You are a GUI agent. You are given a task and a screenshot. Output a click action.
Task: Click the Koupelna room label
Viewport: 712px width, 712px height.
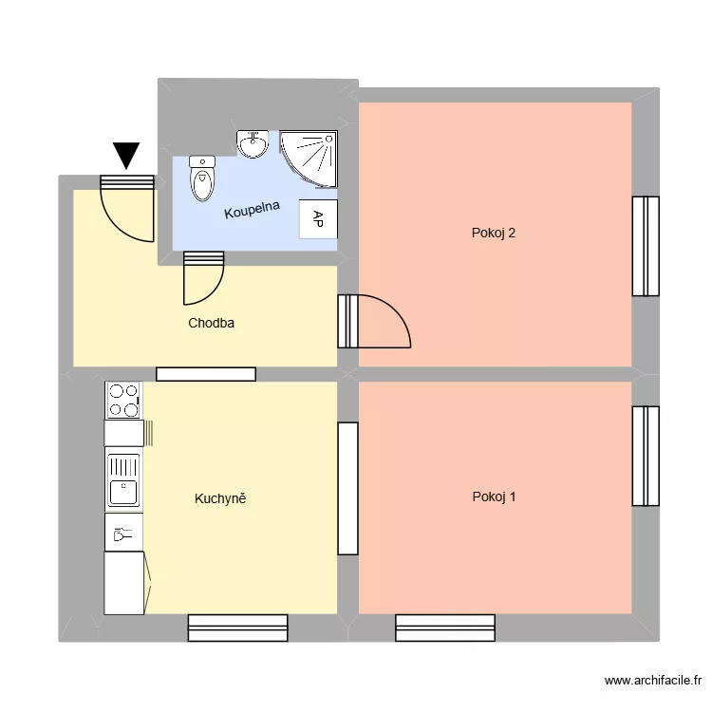tap(252, 209)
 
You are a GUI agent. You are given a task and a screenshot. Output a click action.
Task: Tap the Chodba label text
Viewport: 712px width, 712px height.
tap(211, 323)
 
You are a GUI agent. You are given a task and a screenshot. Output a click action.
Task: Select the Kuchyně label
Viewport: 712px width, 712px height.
tap(220, 498)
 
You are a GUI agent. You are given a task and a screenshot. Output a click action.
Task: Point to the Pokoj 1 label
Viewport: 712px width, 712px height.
tap(494, 497)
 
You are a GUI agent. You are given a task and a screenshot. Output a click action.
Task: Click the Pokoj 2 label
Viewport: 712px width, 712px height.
tap(494, 233)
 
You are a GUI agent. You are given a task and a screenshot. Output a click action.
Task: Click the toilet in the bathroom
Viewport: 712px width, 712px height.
tap(201, 178)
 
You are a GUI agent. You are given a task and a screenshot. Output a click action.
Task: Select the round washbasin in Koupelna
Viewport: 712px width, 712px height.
tap(253, 144)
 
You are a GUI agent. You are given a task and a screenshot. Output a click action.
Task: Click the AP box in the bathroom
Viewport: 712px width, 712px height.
tap(318, 219)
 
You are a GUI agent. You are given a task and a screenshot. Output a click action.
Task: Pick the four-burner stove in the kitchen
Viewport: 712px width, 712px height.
tap(123, 400)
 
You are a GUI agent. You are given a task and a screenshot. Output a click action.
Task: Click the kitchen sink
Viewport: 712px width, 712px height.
tap(123, 480)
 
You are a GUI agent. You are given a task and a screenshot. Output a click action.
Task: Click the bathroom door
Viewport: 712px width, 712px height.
tap(203, 276)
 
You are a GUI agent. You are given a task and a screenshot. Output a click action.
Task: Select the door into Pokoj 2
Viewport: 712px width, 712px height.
tap(375, 321)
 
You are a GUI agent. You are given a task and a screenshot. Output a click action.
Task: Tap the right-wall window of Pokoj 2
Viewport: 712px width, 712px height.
tap(646, 246)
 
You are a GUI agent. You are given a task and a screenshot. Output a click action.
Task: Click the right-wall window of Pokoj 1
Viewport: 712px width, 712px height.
tap(646, 456)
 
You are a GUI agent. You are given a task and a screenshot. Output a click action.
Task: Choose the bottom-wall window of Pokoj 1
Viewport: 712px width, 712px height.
tap(445, 628)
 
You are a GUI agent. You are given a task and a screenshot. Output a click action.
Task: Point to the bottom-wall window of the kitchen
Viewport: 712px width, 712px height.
tap(237, 628)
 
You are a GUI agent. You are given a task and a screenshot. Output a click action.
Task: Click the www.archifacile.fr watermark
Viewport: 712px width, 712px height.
tap(652, 681)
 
